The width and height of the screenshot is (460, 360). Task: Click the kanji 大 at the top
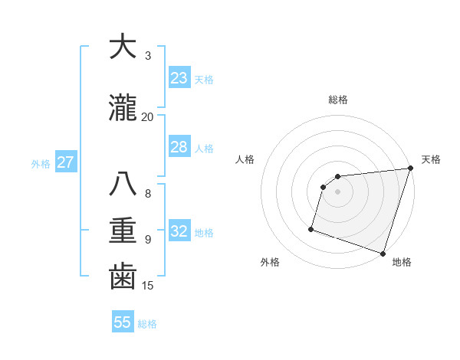[123, 47]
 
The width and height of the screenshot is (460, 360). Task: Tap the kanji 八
[123, 185]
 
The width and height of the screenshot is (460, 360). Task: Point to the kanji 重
[123, 231]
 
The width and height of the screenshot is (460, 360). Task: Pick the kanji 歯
[123, 277]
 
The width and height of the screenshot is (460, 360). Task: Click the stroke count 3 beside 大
[148, 56]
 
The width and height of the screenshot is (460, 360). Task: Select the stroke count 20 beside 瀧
[148, 116]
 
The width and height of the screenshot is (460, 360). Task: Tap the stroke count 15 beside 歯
[148, 286]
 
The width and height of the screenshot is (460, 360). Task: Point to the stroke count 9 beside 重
[148, 239]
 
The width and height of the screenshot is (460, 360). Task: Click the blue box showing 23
[179, 78]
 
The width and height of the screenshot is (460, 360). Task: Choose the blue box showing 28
[179, 147]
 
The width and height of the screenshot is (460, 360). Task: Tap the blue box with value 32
[179, 231]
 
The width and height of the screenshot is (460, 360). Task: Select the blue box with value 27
[65, 162]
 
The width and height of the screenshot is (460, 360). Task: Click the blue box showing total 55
[122, 322]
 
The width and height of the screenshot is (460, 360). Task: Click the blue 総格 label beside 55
[147, 324]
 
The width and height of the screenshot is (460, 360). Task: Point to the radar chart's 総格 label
[338, 100]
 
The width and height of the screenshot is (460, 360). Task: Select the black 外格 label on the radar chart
[270, 262]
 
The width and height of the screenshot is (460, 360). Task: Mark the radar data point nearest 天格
[409, 169]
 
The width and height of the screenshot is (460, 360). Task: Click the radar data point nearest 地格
[382, 253]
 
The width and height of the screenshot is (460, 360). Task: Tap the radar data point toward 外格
[311, 228]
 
